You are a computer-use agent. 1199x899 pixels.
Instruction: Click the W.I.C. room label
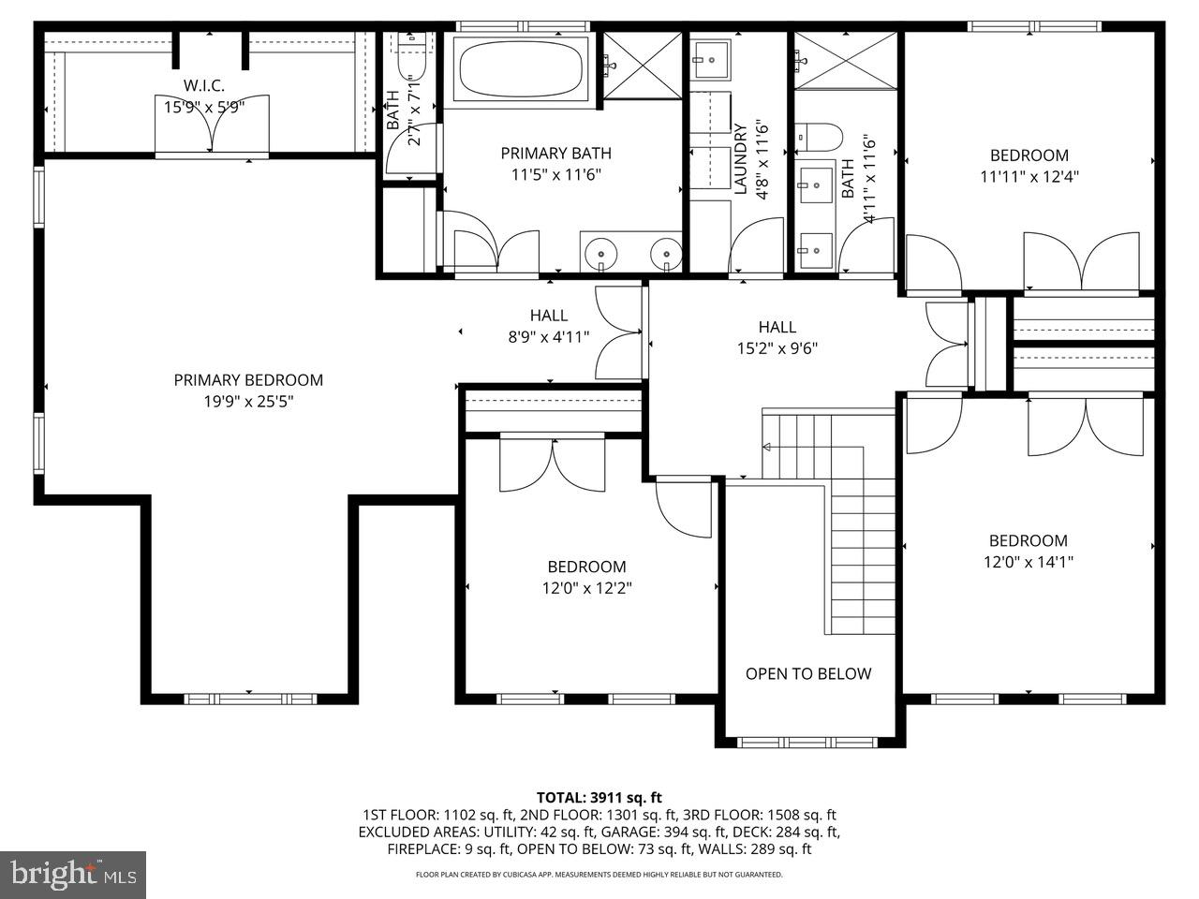pyautogui.click(x=204, y=86)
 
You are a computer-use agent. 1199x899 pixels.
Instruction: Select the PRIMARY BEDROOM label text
pyautogui.click(x=248, y=379)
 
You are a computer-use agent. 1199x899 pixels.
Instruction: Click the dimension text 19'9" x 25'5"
pyautogui.click(x=248, y=402)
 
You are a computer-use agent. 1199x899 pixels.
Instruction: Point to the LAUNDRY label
pyautogui.click(x=740, y=159)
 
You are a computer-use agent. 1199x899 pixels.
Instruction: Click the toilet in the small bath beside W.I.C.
pyautogui.click(x=410, y=58)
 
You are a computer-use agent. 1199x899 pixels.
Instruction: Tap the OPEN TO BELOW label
pyautogui.click(x=807, y=673)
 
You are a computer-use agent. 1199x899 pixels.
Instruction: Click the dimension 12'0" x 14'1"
pyautogui.click(x=1029, y=562)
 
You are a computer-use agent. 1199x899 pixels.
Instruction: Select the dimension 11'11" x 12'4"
pyautogui.click(x=1029, y=177)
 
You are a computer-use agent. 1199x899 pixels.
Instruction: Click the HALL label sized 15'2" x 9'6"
pyautogui.click(x=777, y=327)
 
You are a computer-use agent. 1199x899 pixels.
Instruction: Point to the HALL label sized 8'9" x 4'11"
pyautogui.click(x=548, y=316)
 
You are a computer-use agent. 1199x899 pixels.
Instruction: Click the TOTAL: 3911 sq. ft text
pyautogui.click(x=599, y=798)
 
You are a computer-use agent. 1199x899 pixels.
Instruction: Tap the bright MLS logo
pyautogui.click(x=73, y=875)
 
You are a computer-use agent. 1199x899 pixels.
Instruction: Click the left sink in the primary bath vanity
pyautogui.click(x=599, y=253)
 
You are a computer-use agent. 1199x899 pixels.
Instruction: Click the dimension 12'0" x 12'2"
pyautogui.click(x=586, y=588)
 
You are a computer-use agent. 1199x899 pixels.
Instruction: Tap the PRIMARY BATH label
pyautogui.click(x=555, y=154)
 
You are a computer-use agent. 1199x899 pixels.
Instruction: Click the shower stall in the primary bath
pyautogui.click(x=642, y=64)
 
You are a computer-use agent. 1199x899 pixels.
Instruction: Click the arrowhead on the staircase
pyautogui.click(x=767, y=448)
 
